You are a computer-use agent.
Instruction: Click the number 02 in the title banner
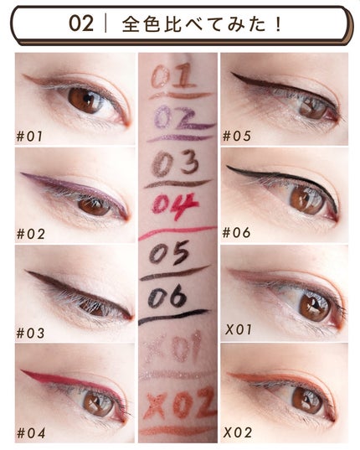pos(81,23)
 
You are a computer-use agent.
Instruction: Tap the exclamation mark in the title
pos(277,24)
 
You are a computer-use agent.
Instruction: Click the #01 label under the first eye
pos(29,136)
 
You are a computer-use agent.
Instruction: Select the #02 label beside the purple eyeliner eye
pos(31,234)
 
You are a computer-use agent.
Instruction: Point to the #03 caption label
pos(30,334)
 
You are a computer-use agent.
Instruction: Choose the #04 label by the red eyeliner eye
pos(31,432)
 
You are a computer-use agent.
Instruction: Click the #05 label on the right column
pos(237,136)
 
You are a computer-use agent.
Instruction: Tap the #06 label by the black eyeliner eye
pos(237,232)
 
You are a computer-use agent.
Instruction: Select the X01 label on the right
pos(238,329)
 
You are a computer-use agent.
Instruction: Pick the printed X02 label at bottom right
pos(238,432)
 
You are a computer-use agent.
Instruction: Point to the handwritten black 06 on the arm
pos(168,296)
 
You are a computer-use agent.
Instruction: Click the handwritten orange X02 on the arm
pos(180,402)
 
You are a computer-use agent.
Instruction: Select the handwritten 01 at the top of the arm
pos(173,75)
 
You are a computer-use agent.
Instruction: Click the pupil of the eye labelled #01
pos(87,100)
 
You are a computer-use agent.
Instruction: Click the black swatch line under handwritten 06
pos(173,316)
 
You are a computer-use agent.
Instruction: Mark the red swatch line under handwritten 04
pos(177,231)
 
